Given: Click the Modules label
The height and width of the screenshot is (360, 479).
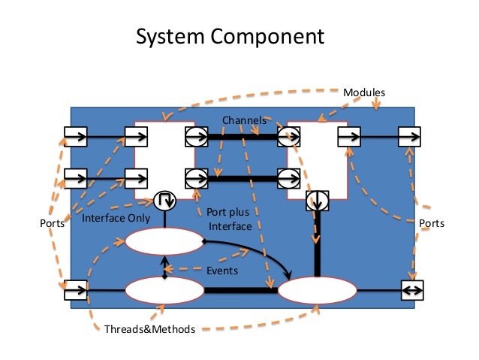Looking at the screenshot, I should (x=364, y=92).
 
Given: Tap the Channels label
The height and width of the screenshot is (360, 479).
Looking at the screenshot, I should (x=244, y=120).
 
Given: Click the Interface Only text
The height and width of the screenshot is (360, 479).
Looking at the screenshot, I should (x=116, y=219).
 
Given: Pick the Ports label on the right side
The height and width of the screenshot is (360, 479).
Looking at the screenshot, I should (x=431, y=223).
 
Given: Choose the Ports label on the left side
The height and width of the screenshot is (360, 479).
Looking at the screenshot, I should (x=50, y=223).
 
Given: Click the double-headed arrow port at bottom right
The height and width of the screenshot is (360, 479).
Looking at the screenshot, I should (x=412, y=289).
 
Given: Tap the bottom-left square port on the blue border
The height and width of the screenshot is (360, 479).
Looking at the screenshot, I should (x=75, y=289).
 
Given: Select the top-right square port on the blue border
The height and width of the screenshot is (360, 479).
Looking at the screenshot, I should (x=410, y=137).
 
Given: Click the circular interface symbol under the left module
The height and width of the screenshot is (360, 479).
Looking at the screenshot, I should (x=164, y=201).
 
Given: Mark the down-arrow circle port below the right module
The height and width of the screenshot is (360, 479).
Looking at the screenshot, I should (x=317, y=201).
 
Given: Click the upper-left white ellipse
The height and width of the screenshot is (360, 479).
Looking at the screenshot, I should (x=164, y=242).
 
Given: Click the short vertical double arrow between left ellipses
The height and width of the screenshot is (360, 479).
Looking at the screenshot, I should (x=164, y=265).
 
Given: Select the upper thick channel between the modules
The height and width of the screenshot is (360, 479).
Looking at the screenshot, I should (x=242, y=137).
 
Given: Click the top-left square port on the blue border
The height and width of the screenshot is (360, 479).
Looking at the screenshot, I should (x=75, y=137).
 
